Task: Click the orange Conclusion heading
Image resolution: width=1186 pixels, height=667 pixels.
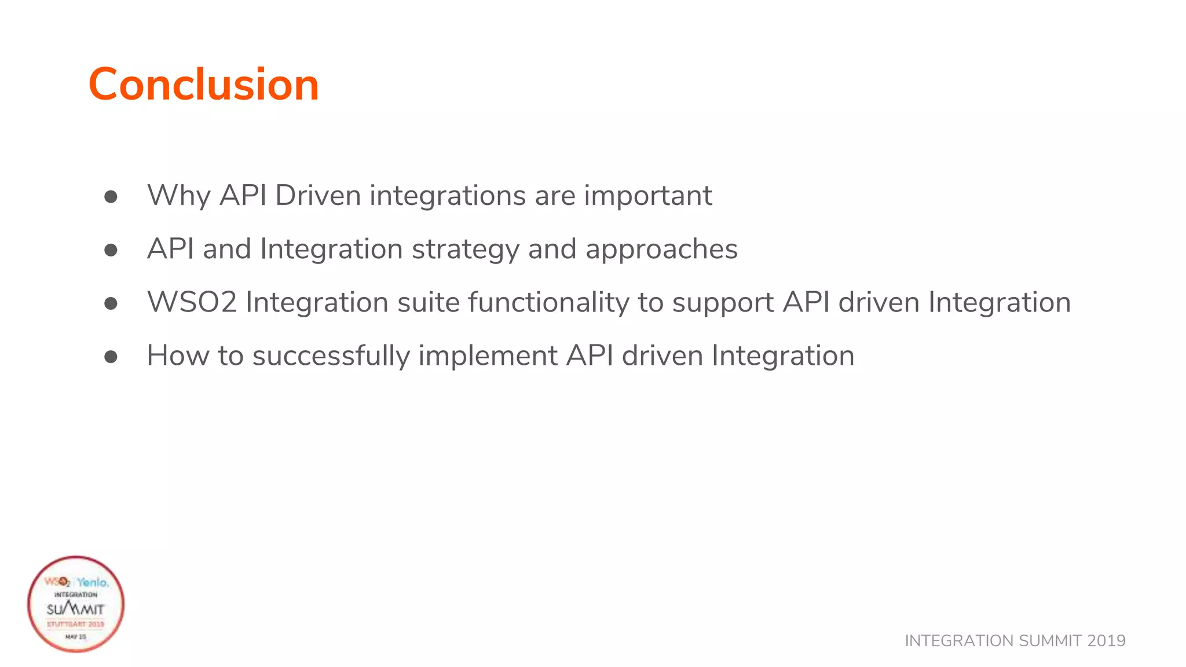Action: pyautogui.click(x=203, y=85)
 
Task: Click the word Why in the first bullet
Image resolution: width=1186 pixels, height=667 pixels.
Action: pyautogui.click(x=178, y=196)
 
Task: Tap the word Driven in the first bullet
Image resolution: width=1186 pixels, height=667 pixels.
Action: pyautogui.click(x=318, y=196)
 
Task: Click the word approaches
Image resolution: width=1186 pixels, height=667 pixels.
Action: pyautogui.click(x=661, y=250)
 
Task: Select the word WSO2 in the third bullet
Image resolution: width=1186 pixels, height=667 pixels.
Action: pyautogui.click(x=192, y=302)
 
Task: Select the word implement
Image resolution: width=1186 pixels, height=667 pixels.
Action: pyautogui.click(x=488, y=356)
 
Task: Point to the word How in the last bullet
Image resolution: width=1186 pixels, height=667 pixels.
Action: pyautogui.click(x=178, y=356)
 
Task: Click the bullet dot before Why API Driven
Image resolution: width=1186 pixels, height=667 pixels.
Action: pyautogui.click(x=111, y=197)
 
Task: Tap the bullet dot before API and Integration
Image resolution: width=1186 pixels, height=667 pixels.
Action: pyautogui.click(x=111, y=250)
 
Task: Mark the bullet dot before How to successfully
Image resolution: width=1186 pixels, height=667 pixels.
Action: pyautogui.click(x=111, y=357)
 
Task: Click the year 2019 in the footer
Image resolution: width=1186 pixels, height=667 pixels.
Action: pyautogui.click(x=1106, y=641)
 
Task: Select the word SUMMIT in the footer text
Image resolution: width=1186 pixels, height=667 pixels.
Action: pyautogui.click(x=1050, y=641)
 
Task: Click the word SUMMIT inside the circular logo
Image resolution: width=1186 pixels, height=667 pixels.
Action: pyautogui.click(x=75, y=609)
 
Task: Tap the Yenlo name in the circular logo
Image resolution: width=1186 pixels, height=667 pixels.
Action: pyautogui.click(x=92, y=582)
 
